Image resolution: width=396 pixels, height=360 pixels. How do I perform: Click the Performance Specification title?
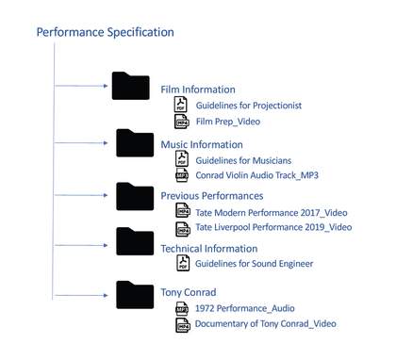(106, 32)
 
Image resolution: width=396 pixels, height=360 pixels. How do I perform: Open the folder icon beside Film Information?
(131, 86)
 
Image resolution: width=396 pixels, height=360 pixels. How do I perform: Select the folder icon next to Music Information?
(135, 143)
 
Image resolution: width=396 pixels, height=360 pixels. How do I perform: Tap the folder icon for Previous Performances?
(135, 196)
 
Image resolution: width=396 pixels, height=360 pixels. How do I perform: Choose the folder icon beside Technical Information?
(135, 241)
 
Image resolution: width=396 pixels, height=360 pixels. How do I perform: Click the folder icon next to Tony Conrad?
(135, 295)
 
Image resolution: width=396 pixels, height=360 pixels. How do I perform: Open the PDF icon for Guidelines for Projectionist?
(181, 105)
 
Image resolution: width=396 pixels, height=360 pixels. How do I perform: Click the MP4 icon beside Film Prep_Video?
(182, 122)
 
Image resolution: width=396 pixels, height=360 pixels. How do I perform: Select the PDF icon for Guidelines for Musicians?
(182, 158)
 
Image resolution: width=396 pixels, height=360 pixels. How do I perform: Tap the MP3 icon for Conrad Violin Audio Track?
(182, 175)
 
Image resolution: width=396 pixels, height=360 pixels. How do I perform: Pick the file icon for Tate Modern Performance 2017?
(183, 210)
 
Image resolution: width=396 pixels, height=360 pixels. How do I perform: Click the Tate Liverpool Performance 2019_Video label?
(273, 227)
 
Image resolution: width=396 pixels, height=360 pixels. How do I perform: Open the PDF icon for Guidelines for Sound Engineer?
(183, 263)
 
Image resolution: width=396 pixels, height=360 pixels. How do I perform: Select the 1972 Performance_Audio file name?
(245, 308)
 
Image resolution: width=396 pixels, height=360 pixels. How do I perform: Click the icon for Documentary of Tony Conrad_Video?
(183, 325)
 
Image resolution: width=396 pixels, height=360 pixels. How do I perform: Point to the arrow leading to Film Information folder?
(81, 86)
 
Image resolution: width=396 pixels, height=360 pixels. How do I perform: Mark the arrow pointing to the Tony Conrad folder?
(81, 295)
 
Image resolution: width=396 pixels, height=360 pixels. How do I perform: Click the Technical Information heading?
(209, 249)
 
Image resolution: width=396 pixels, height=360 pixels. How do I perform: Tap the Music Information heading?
(202, 145)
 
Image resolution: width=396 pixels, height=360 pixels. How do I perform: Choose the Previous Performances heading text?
(212, 196)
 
